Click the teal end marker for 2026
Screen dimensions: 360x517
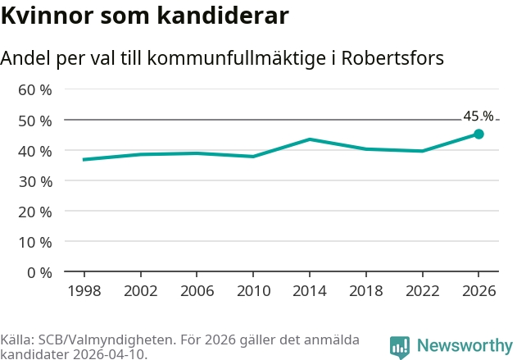478,134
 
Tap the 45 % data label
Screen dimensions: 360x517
478,116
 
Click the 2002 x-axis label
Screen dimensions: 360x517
139,290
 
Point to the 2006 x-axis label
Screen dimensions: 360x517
196,290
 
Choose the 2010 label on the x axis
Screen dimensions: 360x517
252,290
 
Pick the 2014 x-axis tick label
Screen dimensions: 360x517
309,290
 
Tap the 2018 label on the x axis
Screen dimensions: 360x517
365,290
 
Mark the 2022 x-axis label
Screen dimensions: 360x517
422,290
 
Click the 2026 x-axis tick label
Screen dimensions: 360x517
478,290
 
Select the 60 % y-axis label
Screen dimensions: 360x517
35,90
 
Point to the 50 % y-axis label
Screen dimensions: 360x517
35,121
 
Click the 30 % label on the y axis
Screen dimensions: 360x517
35,181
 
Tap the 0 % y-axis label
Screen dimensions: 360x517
39,272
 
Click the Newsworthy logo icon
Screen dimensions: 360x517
400,346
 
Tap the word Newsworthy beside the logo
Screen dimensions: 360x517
464,346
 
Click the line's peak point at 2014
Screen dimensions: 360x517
309,139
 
